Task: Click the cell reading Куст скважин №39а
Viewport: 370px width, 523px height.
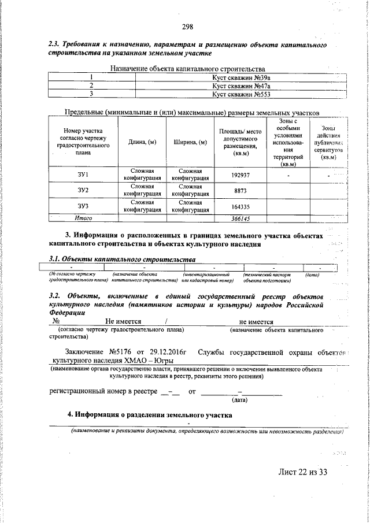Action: click(x=240, y=77)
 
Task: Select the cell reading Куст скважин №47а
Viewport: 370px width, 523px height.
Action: click(x=240, y=86)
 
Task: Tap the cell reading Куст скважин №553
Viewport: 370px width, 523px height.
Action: click(x=240, y=94)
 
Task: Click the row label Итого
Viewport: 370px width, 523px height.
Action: click(x=84, y=218)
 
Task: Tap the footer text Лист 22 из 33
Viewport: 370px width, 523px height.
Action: click(x=303, y=472)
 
